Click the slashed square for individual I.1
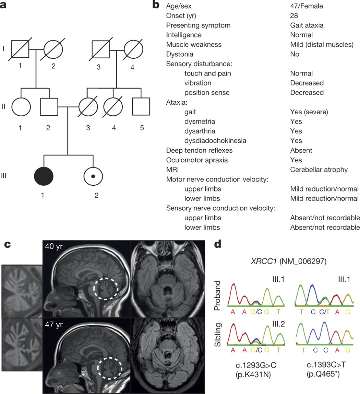[x=21, y=49]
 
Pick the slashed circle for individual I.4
[x=133, y=49]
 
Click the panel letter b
[x=156, y=5]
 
